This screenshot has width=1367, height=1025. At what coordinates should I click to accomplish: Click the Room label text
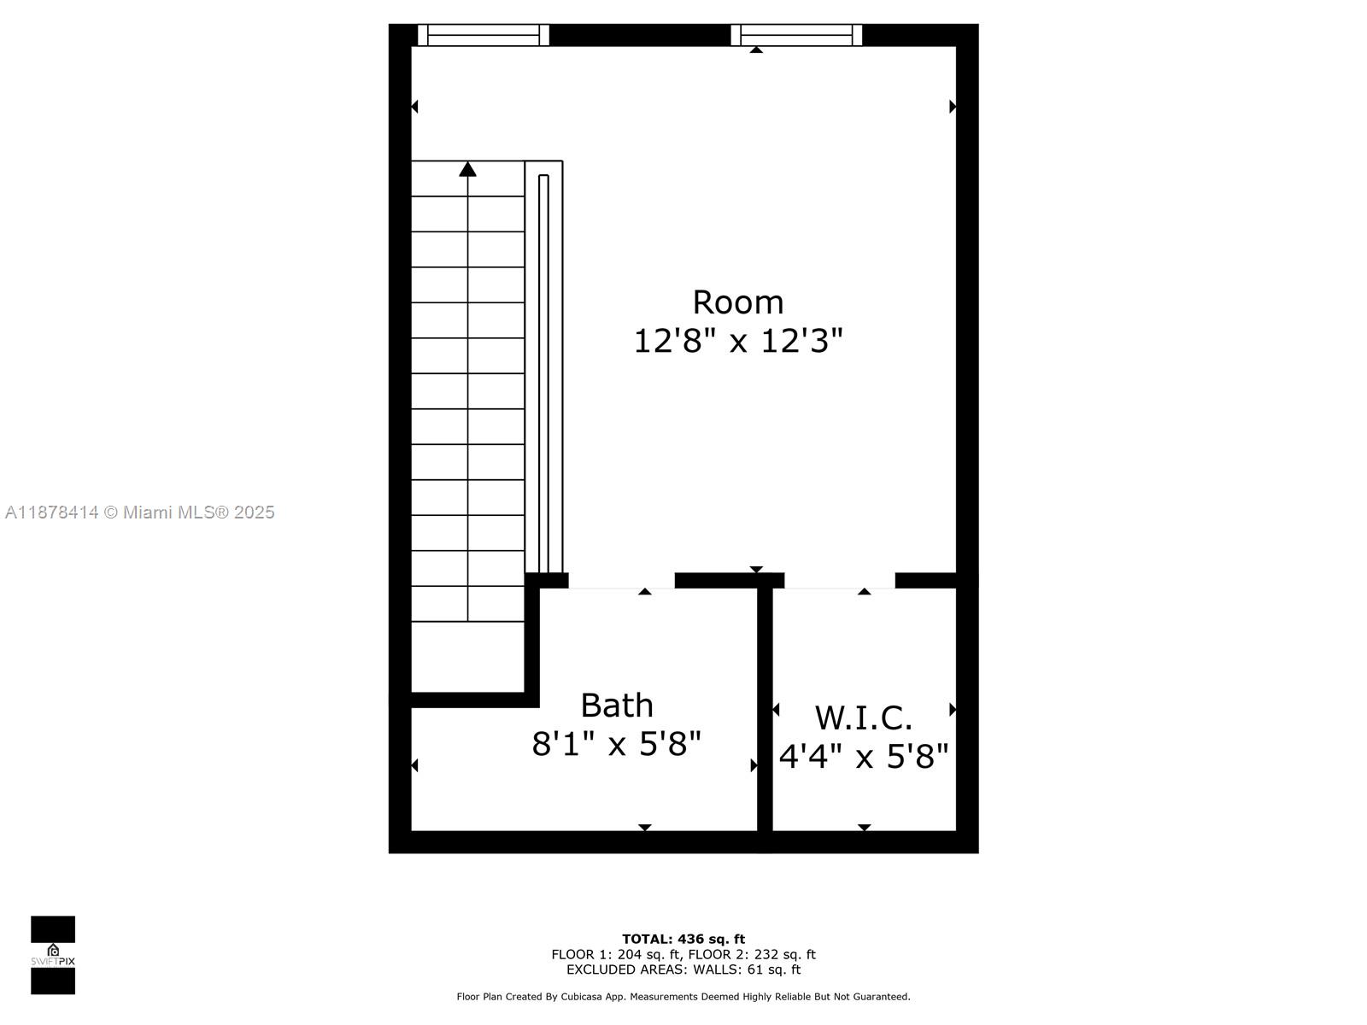[737, 302]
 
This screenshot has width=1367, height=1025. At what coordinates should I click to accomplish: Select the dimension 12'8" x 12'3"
[737, 341]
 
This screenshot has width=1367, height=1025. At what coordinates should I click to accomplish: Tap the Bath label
[617, 706]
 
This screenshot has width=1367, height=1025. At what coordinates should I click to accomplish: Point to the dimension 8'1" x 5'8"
[617, 744]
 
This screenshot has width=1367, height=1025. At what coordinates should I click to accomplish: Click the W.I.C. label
[864, 718]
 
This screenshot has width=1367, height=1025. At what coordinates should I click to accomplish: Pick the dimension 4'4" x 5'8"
[864, 756]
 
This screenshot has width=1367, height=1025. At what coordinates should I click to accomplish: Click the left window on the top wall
[484, 35]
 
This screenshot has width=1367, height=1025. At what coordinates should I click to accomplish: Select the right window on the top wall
[796, 35]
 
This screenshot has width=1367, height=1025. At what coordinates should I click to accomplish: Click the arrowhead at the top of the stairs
[467, 169]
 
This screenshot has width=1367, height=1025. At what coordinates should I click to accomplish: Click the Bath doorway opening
[621, 582]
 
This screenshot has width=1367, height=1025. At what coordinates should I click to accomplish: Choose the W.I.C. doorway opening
[839, 582]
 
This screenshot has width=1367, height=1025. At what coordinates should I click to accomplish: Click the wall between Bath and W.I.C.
[766, 709]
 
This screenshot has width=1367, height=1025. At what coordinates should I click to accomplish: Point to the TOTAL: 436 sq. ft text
[683, 940]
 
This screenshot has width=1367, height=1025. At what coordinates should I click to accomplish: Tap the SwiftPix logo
[53, 955]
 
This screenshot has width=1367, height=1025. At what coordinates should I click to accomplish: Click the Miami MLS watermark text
[140, 512]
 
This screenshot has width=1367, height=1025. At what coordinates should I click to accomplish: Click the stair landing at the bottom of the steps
[467, 656]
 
